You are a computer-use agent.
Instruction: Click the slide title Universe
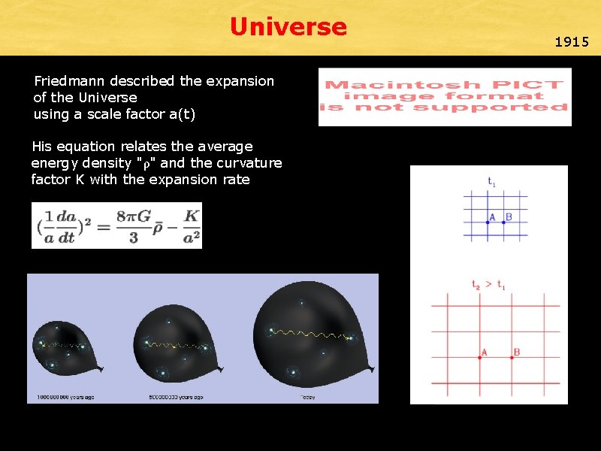[288, 28]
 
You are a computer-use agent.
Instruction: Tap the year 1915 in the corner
[572, 42]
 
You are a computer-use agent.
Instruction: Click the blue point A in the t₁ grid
[487, 222]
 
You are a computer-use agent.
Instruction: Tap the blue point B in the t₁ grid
[503, 222]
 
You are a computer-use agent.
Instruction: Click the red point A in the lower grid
[480, 358]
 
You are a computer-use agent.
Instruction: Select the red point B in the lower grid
[512, 358]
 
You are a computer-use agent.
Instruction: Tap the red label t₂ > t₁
[488, 284]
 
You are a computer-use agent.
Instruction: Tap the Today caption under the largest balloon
[307, 397]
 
